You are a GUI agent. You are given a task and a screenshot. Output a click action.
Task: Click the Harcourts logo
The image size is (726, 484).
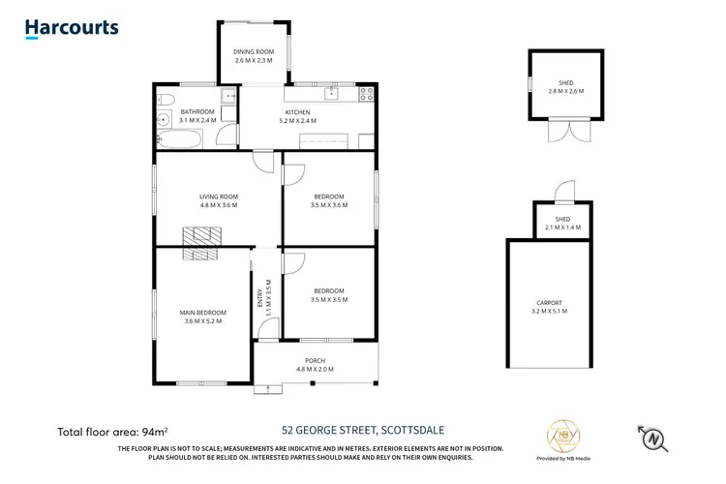click(x=72, y=29)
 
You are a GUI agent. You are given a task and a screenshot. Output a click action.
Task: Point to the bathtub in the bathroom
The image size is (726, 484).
click(x=179, y=141)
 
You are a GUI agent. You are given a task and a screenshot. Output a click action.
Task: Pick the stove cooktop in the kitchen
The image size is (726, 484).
click(x=367, y=94)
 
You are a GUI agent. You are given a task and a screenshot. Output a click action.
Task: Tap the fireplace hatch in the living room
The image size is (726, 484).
click(x=202, y=236)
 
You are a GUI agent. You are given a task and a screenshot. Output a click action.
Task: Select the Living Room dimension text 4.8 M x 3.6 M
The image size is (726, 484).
click(x=219, y=205)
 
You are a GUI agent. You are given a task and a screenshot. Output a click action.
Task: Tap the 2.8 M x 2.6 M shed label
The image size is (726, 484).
click(x=566, y=87)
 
